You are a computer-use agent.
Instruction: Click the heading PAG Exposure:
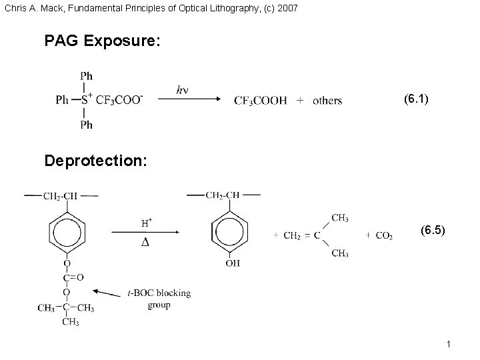(102, 41)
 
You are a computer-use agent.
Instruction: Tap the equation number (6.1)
(416, 99)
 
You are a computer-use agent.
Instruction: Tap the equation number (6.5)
(434, 231)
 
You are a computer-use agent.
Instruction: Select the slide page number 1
(450, 344)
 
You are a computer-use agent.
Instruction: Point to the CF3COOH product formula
(260, 101)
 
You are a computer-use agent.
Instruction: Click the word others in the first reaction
(327, 101)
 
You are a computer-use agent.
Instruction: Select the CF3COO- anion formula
(119, 100)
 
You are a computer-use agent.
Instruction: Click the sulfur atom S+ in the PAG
(86, 100)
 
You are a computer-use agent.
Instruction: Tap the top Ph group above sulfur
(86, 76)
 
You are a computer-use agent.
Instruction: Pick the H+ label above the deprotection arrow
(147, 221)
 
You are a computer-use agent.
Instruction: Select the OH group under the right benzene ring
(233, 263)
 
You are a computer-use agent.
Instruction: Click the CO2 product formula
(383, 235)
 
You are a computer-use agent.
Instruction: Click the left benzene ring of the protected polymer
(67, 231)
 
